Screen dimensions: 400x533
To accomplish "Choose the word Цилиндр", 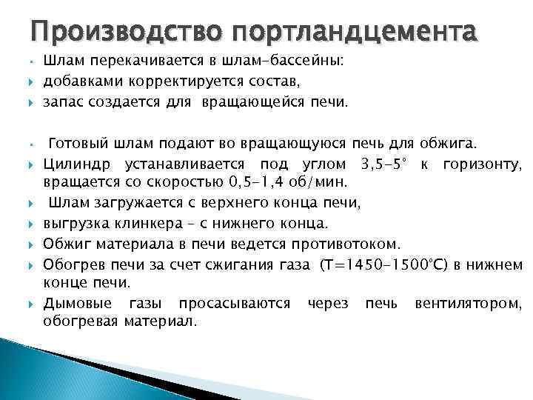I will coord(74,163).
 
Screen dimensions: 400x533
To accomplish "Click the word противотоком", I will coord(345,242).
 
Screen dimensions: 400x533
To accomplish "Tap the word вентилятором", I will coord(469,304).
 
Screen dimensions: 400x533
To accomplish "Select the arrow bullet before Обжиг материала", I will coord(34,243).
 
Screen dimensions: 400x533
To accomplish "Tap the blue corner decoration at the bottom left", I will coord(30,370).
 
